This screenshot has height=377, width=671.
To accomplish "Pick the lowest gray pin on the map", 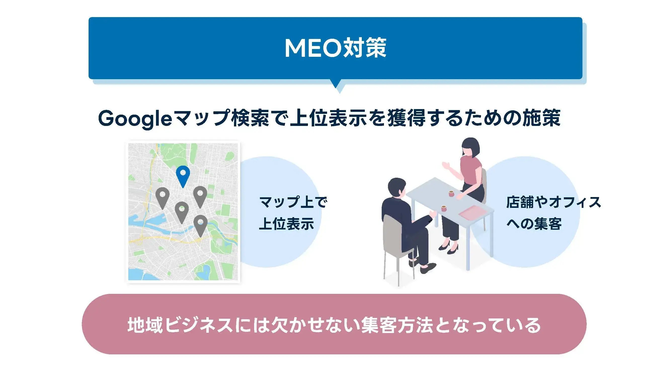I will [x=200, y=224].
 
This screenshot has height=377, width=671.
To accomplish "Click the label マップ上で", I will [x=293, y=202].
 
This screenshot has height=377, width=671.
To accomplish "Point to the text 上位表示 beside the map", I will [x=287, y=224].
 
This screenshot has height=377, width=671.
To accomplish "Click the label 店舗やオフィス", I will [x=553, y=202].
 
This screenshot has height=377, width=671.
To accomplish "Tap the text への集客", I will [x=534, y=224].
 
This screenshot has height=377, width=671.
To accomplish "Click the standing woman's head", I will [x=470, y=148].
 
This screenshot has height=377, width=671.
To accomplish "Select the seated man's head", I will [x=397, y=187].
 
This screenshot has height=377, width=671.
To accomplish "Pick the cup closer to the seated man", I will [x=444, y=208].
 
